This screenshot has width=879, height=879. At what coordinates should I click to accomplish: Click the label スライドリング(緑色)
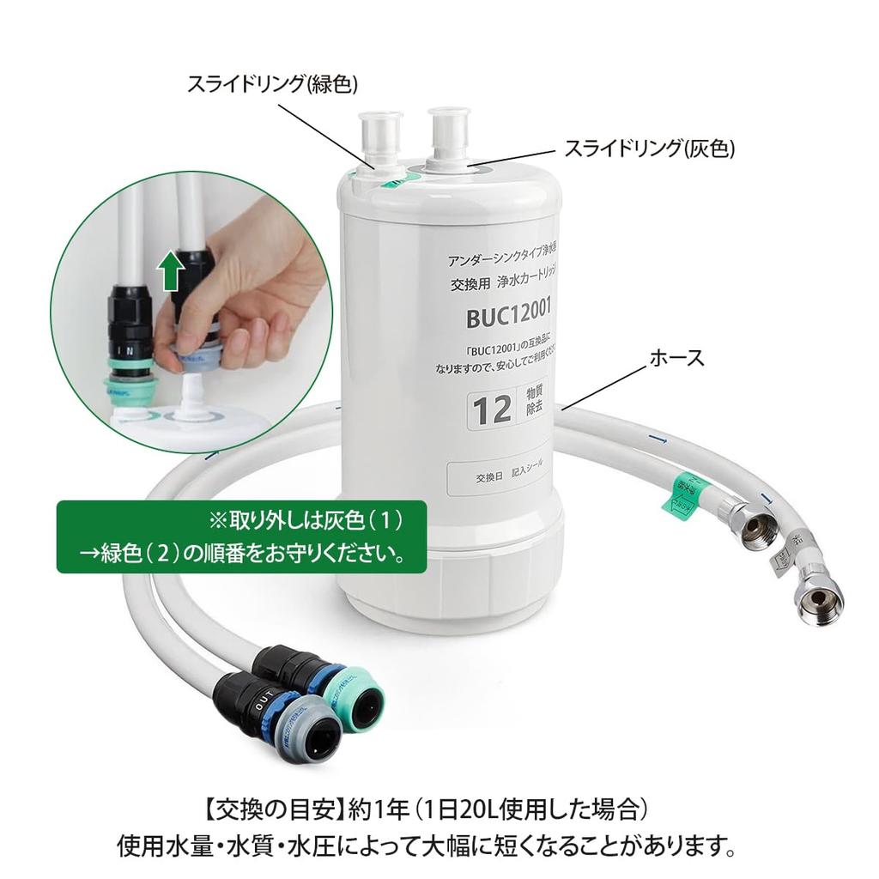(x=273, y=83)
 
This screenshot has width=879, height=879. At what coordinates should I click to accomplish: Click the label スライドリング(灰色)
(x=649, y=149)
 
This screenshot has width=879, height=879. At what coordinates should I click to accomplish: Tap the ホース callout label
(x=678, y=357)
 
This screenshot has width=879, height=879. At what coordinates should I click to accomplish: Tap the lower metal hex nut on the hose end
(x=819, y=595)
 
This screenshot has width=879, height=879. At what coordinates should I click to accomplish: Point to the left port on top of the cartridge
(x=379, y=136)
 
